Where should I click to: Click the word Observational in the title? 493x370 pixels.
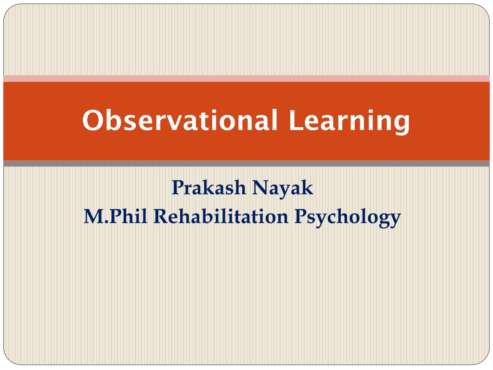click(x=180, y=120)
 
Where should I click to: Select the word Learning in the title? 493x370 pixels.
click(x=350, y=122)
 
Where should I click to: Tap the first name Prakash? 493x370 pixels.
click(x=208, y=187)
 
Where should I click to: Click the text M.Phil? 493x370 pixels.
click(x=116, y=216)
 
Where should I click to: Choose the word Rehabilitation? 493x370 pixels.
click(x=221, y=216)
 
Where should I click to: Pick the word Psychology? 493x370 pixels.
click(x=348, y=217)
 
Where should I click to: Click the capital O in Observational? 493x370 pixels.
click(x=93, y=120)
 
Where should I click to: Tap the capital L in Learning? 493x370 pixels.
click(x=296, y=120)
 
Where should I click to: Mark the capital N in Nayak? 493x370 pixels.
click(x=262, y=187)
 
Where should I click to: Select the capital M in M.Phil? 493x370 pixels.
click(x=94, y=216)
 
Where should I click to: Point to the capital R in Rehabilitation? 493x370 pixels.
click(x=162, y=216)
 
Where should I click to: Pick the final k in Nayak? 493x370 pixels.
click(x=307, y=187)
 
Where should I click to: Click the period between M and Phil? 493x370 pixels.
click(x=107, y=222)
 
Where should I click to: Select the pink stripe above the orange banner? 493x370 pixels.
click(x=246, y=79)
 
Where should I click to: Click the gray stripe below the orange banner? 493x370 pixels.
click(x=246, y=163)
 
